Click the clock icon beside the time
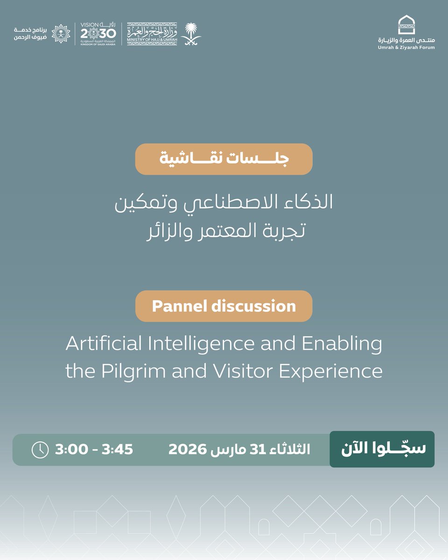coord(40,449)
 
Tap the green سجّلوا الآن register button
coord(382,449)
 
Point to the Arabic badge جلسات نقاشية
coord(224,159)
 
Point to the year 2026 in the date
coord(188,449)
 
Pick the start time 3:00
coord(71,449)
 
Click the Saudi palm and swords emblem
coord(190,34)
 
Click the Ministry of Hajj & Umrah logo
coord(152,34)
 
